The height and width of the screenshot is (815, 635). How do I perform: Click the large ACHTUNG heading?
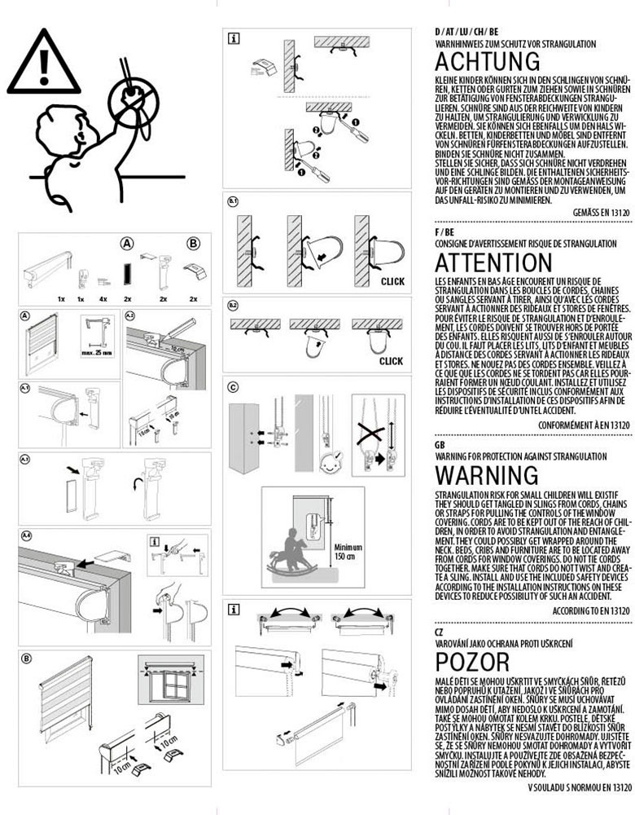(x=487, y=61)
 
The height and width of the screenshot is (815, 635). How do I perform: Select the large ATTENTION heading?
(x=493, y=262)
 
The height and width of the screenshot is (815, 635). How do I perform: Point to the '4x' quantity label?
(x=103, y=299)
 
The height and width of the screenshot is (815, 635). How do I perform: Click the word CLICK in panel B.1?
(x=392, y=281)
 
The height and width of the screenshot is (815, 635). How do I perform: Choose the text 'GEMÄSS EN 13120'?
(x=602, y=211)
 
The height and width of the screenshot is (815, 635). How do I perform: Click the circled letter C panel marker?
(x=233, y=387)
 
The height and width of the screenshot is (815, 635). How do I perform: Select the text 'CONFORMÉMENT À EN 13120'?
(x=585, y=425)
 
